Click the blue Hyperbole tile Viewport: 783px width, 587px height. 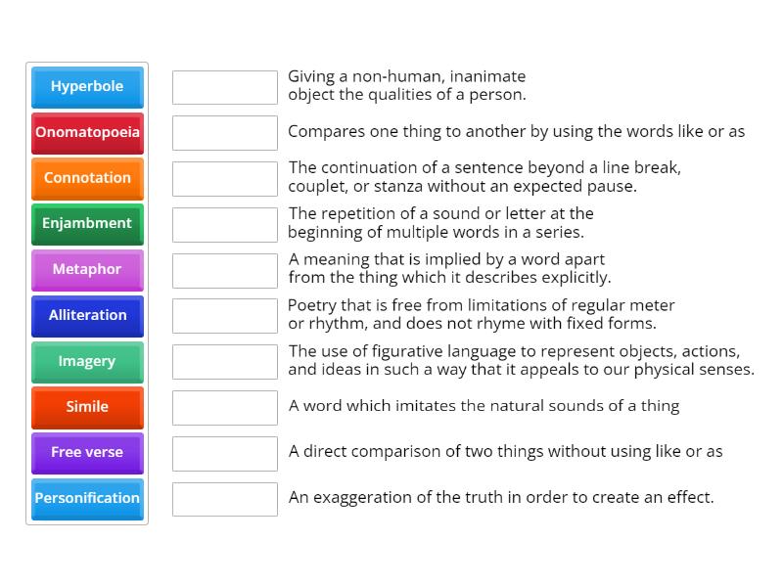(x=87, y=86)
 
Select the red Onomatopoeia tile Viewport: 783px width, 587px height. (x=87, y=132)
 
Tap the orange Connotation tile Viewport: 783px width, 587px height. (x=87, y=178)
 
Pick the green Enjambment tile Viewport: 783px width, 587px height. (x=87, y=223)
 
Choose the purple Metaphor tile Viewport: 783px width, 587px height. (x=87, y=269)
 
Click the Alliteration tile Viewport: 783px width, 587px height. (x=87, y=315)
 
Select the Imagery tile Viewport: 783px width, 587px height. (x=87, y=361)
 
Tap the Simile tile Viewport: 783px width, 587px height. (x=87, y=406)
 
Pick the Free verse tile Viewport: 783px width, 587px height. (x=87, y=452)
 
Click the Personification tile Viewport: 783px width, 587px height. (x=87, y=498)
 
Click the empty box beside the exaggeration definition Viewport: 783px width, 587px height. (x=225, y=499)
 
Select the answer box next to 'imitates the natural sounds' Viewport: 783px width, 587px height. (x=225, y=407)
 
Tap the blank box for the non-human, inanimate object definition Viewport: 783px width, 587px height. (x=225, y=87)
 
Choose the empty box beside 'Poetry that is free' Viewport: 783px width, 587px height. (x=225, y=316)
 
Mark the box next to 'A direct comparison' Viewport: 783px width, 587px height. (x=225, y=453)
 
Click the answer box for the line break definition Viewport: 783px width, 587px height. (x=225, y=179)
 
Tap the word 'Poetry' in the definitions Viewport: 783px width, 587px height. (x=312, y=305)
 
